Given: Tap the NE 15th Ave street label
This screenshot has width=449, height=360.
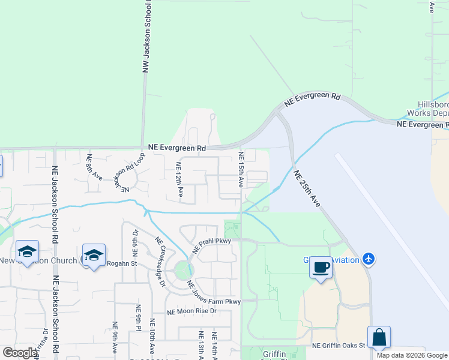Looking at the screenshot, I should coord(241,169).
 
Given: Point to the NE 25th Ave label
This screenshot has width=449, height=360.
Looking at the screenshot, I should coord(307,188).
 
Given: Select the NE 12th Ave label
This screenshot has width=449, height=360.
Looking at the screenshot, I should coord(179,180).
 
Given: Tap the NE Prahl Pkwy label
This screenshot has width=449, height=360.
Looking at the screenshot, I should coord(211,245).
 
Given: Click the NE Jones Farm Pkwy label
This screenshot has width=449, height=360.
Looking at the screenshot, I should coord(213,293).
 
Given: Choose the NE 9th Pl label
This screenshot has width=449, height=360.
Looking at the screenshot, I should coord(138,330).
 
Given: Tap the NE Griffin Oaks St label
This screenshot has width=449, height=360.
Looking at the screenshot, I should coord(339,346).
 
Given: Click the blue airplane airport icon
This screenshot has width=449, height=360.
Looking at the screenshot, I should coord(369,259).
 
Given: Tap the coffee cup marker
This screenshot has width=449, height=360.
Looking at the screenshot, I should coord(321,267).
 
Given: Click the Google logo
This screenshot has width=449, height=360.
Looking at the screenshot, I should coord(20,353).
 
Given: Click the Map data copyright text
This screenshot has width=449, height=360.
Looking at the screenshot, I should coord(412,355).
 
